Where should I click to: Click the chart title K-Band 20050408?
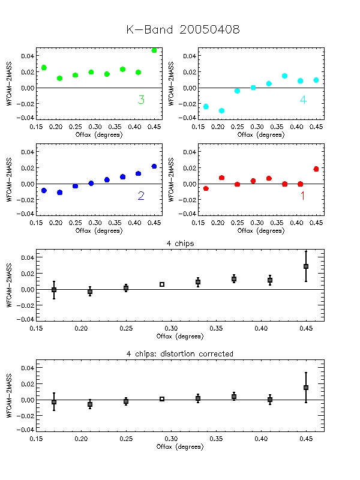coord(183,30)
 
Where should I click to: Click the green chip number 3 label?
coord(141,100)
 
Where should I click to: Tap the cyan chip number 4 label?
coord(303,100)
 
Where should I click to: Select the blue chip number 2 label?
coord(141,196)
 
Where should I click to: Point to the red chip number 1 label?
coord(303,196)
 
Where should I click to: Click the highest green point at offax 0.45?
coord(154,50)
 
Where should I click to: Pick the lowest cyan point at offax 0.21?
coord(222,110)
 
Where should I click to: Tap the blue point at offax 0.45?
coord(154,166)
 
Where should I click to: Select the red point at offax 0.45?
coord(316,169)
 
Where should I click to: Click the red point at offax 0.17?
coord(206,188)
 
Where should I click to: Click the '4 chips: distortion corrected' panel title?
coord(180,353)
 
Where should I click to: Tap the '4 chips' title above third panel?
coord(180,243)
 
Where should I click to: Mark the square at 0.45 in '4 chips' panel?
coord(306,266)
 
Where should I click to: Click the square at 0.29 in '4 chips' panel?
coord(162,284)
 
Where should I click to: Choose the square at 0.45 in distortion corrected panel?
coord(306,388)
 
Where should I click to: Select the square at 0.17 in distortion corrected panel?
coord(54,402)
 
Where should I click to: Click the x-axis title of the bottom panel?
coord(180,447)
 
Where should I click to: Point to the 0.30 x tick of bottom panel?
coord(171,439)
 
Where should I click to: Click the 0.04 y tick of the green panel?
coord(26,56)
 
